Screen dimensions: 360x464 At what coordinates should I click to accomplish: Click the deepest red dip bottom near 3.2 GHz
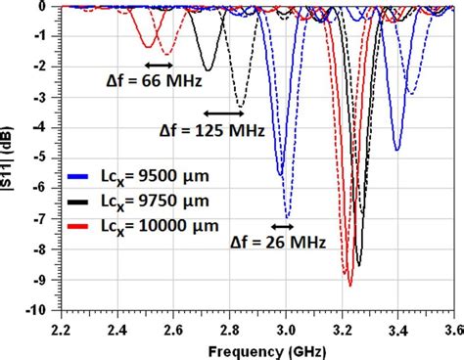(x=349, y=285)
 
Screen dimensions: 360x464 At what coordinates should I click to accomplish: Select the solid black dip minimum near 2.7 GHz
(x=207, y=69)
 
